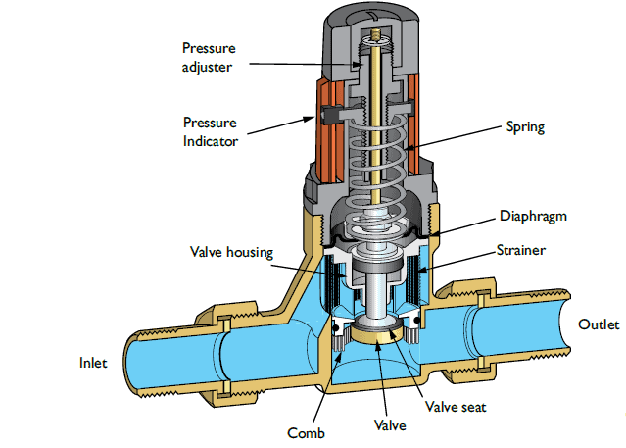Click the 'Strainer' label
point(520,251)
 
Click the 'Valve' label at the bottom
point(390,426)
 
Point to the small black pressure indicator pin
point(326,117)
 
